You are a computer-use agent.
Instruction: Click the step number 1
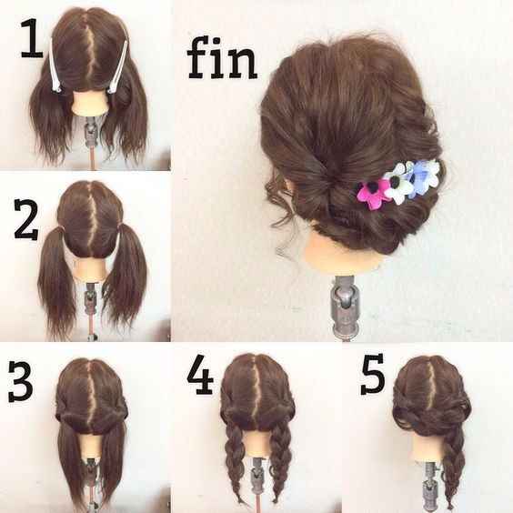tap(32, 38)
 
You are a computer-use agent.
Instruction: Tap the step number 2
tap(26, 219)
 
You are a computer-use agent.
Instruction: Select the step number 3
tap(21, 381)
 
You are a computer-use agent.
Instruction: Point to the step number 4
tap(200, 374)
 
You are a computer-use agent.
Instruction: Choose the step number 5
tap(373, 374)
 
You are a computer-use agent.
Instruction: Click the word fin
tap(222, 58)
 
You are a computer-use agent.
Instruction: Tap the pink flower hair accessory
tap(371, 193)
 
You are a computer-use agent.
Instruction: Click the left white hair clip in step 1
tap(55, 65)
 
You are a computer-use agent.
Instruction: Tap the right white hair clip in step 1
tap(117, 68)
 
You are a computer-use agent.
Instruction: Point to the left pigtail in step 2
tap(57, 278)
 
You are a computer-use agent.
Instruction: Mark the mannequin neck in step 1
tap(89, 103)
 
